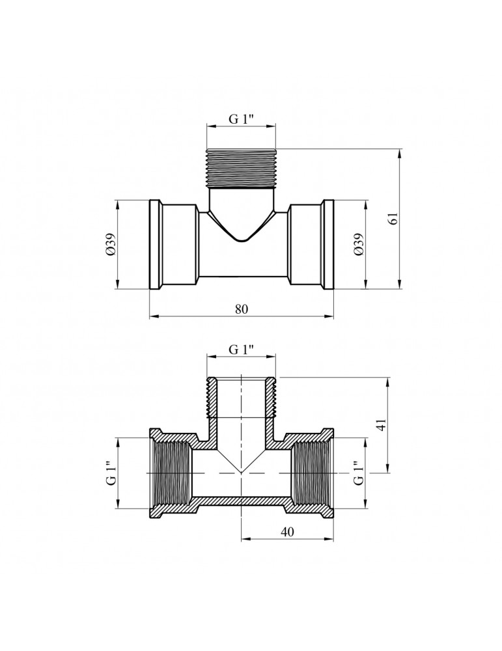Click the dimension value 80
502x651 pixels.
[x=242, y=309]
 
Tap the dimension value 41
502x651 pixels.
[x=382, y=425]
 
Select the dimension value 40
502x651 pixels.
[x=287, y=532]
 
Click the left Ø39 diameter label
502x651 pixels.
[x=110, y=245]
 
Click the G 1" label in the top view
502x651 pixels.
[x=242, y=119]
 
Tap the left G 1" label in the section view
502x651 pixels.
[x=111, y=473]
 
